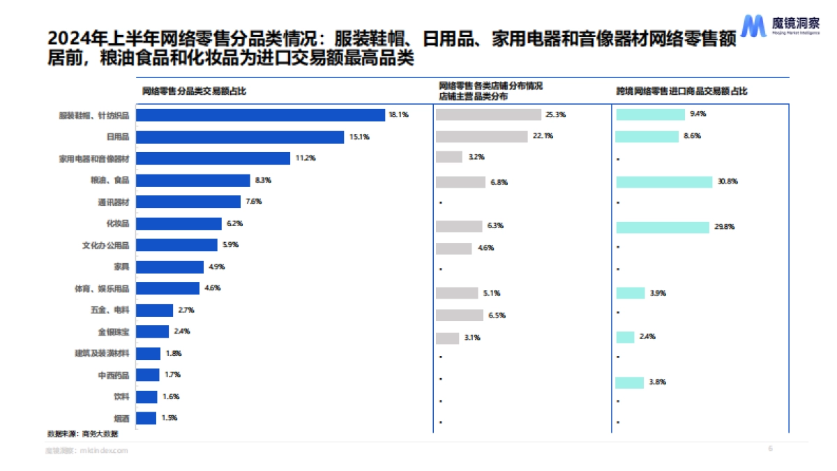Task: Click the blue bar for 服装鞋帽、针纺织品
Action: pos(260,115)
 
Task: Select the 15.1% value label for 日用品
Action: pos(359,137)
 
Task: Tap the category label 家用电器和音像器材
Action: pos(94,158)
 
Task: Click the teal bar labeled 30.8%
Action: pos(664,181)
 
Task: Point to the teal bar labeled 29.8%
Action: pos(663,227)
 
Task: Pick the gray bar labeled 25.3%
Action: pos(488,114)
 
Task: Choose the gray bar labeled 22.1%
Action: pos(481,136)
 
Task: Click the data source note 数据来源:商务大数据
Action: pos(82,433)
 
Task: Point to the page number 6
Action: pos(770,448)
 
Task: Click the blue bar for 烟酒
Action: pos(146,418)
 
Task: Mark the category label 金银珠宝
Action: pos(113,332)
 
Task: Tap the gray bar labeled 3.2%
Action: pos(449,157)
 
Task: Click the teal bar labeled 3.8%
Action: pos(630,382)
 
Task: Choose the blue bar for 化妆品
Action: pos(178,223)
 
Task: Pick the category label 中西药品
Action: pos(113,375)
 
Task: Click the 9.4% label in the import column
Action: pos(697,114)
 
